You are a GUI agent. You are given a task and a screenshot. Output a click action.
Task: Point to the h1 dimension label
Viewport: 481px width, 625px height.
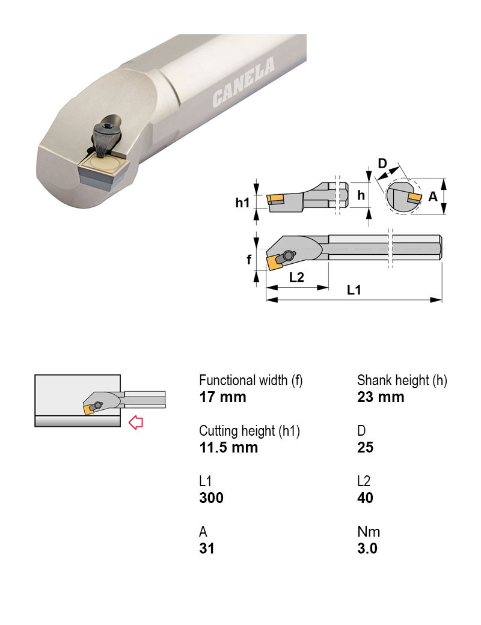click(x=242, y=203)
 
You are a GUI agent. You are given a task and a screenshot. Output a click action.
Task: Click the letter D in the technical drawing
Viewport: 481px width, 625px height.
click(x=382, y=163)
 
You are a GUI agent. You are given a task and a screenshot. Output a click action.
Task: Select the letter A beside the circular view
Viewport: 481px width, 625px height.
click(x=432, y=197)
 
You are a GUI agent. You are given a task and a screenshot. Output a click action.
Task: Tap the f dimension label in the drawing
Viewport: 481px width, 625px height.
click(x=249, y=260)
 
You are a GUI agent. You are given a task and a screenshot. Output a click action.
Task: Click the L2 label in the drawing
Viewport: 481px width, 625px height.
click(x=296, y=278)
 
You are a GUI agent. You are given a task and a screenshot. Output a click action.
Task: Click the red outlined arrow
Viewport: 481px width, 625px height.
click(x=136, y=422)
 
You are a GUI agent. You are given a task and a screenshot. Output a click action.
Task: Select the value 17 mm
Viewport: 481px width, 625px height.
click(x=222, y=397)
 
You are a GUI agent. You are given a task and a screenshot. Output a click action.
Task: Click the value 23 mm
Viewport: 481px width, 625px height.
click(x=381, y=397)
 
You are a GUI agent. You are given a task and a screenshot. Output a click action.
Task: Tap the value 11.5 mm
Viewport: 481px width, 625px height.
click(x=228, y=447)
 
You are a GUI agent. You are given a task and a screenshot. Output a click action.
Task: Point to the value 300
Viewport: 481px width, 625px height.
click(x=211, y=498)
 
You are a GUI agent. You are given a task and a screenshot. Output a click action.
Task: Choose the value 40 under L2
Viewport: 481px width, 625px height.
click(x=365, y=498)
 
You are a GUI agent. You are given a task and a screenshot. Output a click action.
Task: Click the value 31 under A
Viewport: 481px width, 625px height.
click(x=206, y=548)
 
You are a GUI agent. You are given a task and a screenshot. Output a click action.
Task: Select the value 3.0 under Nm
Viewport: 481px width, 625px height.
click(x=367, y=548)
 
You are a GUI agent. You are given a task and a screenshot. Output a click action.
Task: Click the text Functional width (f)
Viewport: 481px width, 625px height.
click(x=251, y=380)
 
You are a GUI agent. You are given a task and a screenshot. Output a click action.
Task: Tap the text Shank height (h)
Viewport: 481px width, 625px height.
click(x=402, y=380)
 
